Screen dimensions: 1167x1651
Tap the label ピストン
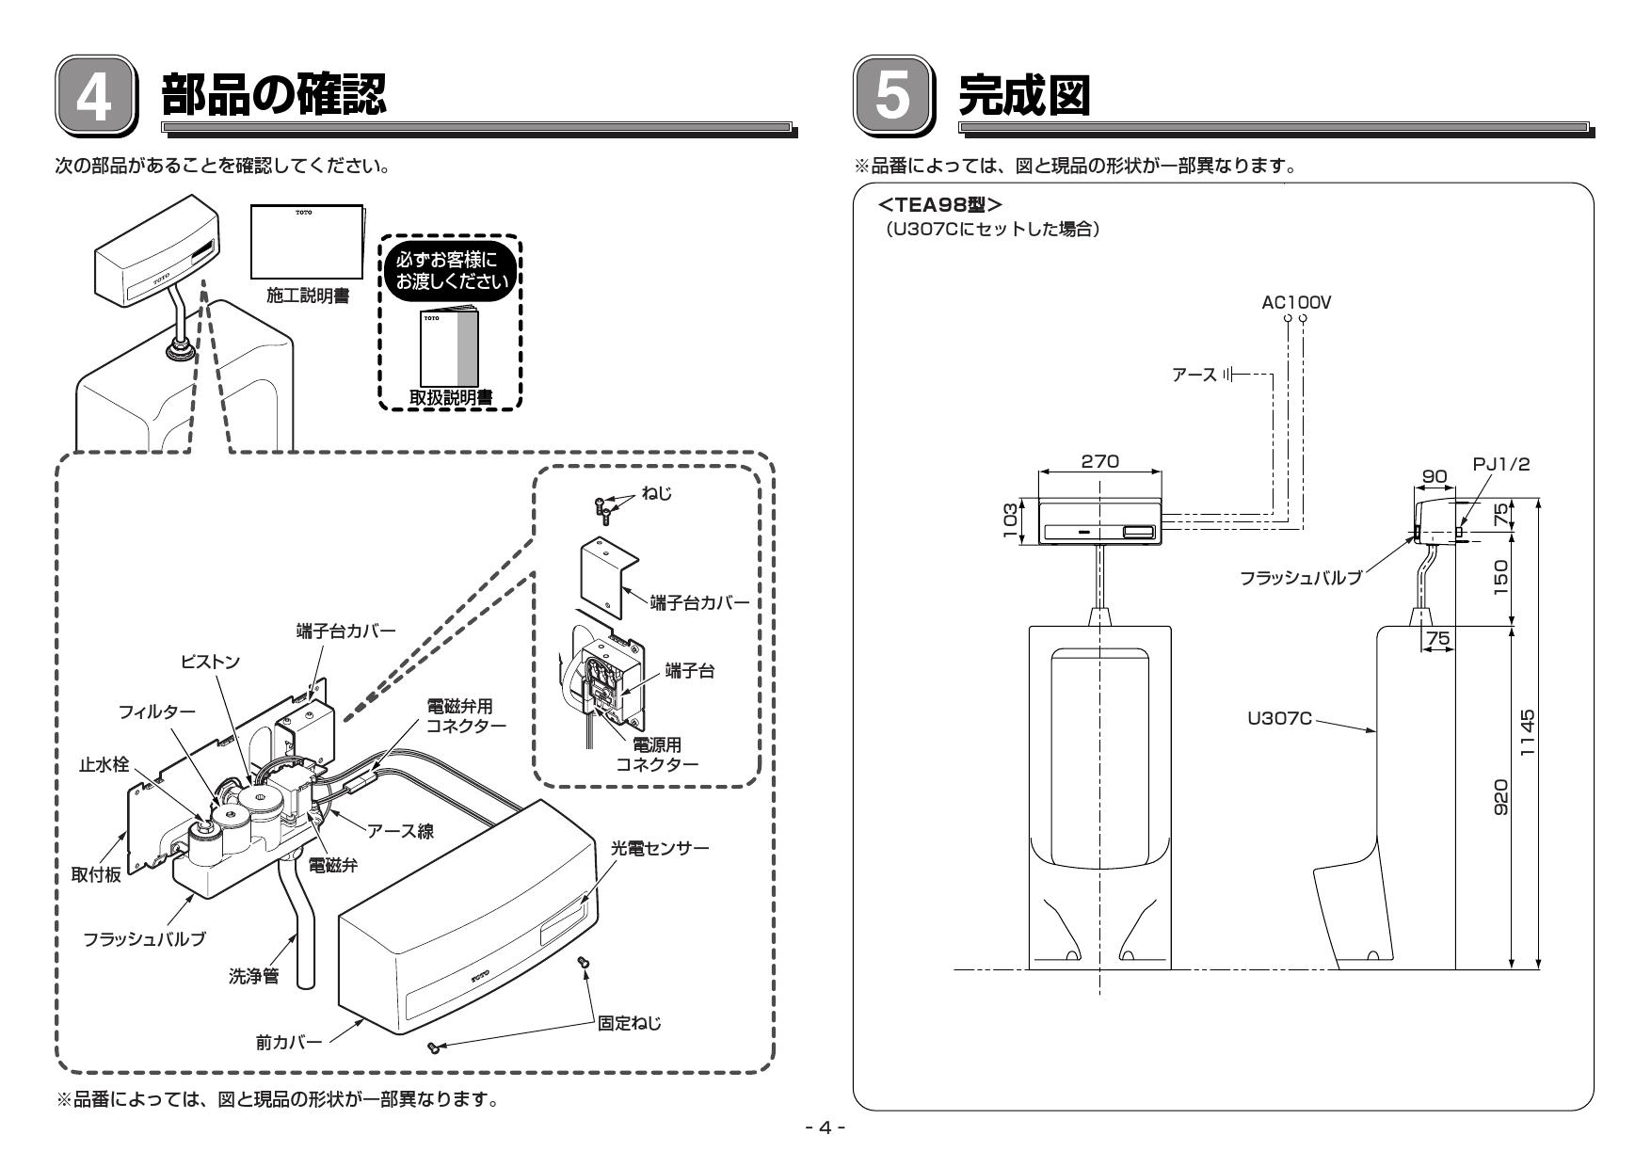(211, 663)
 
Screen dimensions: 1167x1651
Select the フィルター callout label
(157, 711)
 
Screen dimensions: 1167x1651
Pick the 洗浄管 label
(254, 976)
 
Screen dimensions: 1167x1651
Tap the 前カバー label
(289, 1042)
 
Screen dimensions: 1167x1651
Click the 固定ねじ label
(630, 1022)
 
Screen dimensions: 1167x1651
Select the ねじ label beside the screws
(656, 494)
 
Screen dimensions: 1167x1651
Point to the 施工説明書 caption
(307, 296)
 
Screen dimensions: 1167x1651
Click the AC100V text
(1296, 302)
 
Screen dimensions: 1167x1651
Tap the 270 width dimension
(1099, 461)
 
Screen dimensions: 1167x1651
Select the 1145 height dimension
(1527, 737)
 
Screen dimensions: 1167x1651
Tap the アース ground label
(1194, 375)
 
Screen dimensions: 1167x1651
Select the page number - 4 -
(825, 1127)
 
